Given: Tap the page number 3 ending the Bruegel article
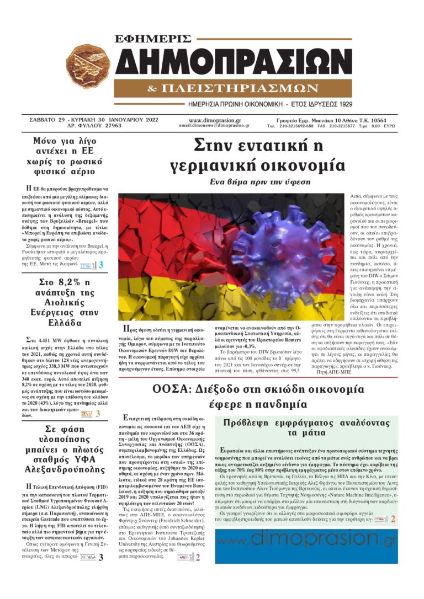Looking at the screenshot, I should click(100, 265).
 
